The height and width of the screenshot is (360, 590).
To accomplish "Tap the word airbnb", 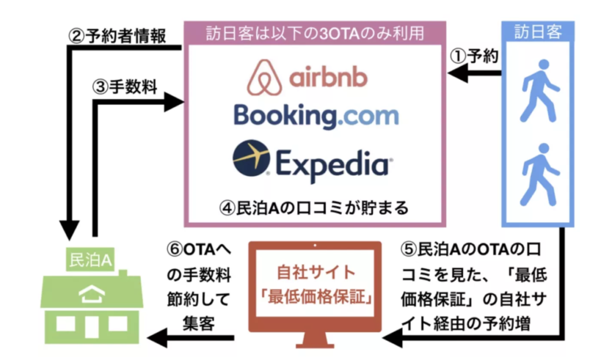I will coord(327,78).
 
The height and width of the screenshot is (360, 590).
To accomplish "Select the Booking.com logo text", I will coord(316,115).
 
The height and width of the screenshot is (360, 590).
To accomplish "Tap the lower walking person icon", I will coord(538,174).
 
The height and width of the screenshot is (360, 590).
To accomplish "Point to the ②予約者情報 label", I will coord(118,36).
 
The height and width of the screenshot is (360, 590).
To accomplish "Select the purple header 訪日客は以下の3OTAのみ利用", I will coord(315,33).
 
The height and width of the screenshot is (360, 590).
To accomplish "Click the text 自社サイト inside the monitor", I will coord(315,272).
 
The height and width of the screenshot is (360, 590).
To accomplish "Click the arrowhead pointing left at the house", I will coord(157,338).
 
